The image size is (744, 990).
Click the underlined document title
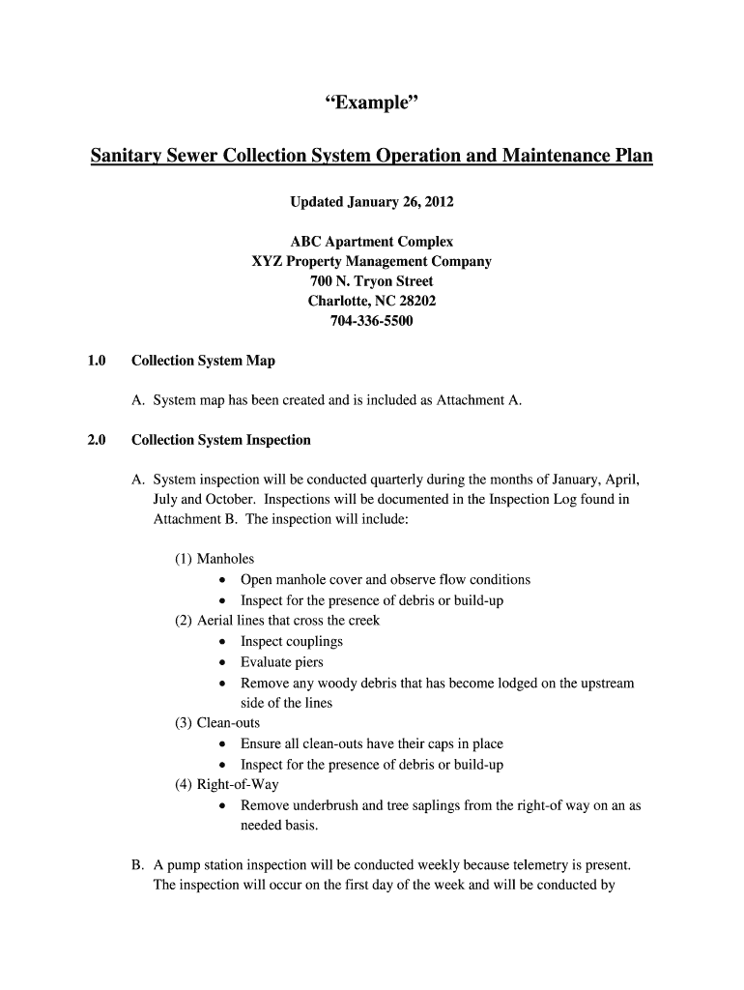pyautogui.click(x=371, y=156)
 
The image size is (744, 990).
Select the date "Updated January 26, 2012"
pyautogui.click(x=372, y=202)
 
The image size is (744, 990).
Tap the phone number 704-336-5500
pyautogui.click(x=372, y=321)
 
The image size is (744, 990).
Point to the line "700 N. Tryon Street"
pyautogui.click(x=372, y=281)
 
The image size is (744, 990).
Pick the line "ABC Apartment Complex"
pyautogui.click(x=372, y=242)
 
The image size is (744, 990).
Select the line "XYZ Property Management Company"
pyautogui.click(x=372, y=261)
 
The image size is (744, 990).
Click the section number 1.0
pyautogui.click(x=95, y=361)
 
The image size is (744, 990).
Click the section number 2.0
pyautogui.click(x=95, y=440)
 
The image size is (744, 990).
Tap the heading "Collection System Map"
pyautogui.click(x=203, y=361)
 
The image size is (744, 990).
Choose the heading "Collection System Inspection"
pyautogui.click(x=221, y=440)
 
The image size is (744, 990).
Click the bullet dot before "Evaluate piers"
pyautogui.click(x=223, y=663)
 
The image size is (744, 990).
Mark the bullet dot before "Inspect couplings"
pyautogui.click(x=223, y=642)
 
